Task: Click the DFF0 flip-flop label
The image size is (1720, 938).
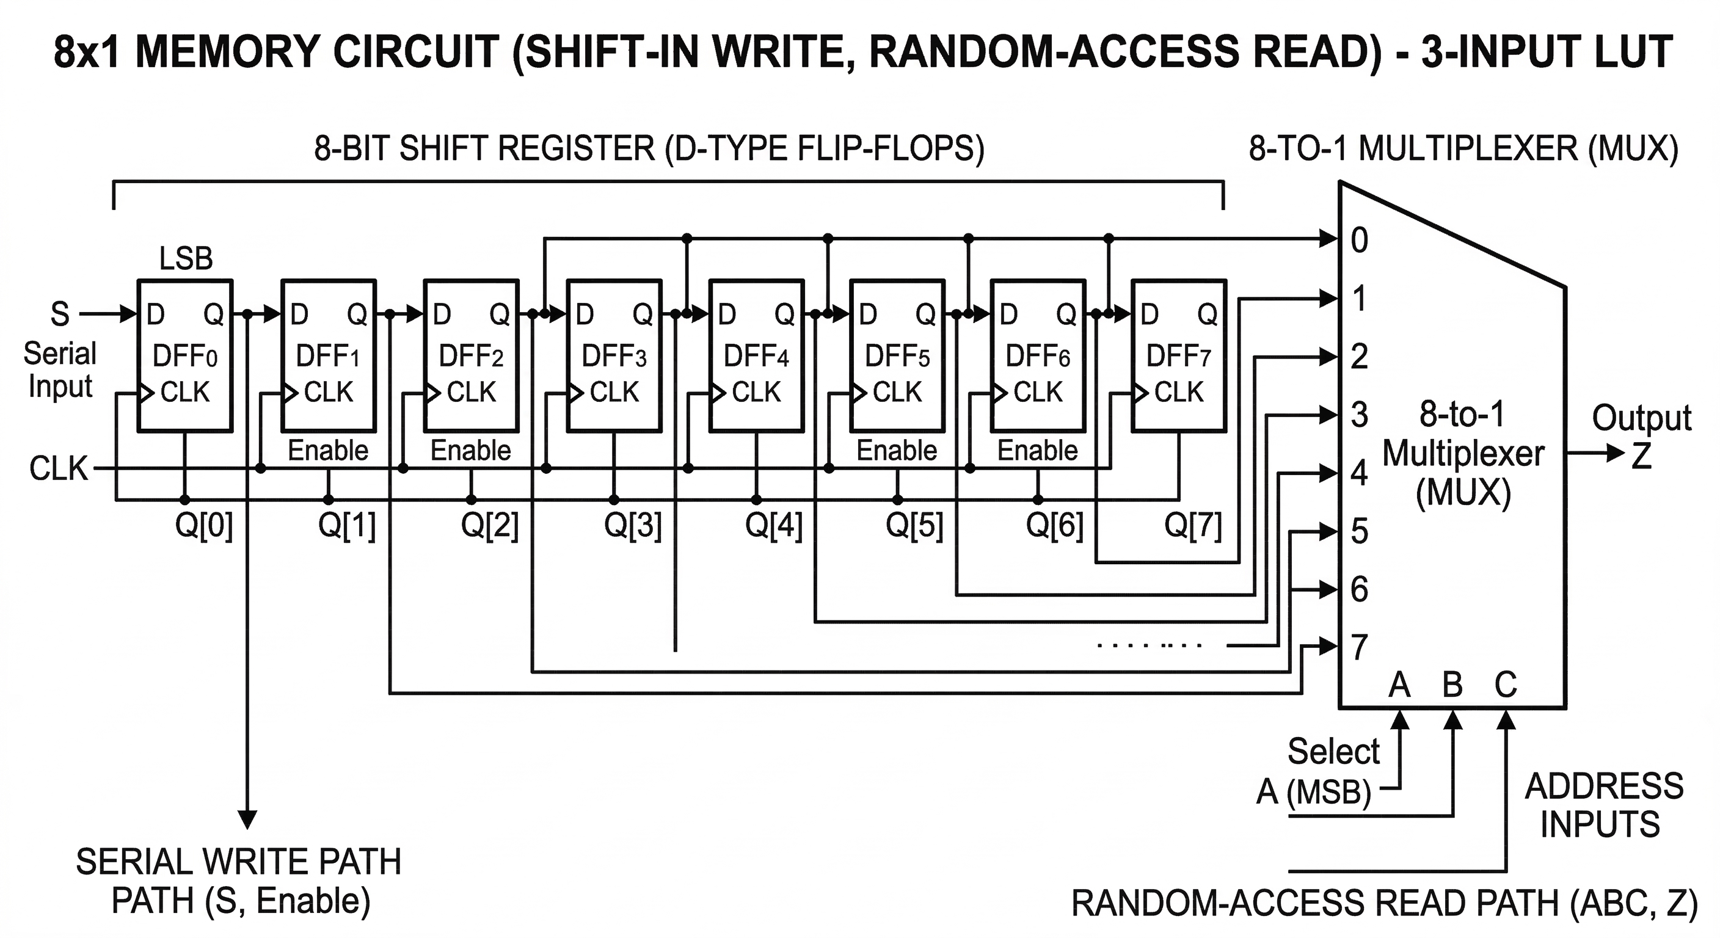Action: (185, 356)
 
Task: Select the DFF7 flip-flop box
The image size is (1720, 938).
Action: (1178, 355)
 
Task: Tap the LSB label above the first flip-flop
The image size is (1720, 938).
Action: (186, 258)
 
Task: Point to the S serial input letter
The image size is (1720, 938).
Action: (60, 314)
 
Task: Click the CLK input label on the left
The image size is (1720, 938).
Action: (58, 468)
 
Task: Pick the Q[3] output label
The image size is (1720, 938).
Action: (632, 525)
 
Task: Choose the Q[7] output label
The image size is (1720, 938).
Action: (1192, 525)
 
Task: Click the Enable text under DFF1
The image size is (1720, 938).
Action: (328, 451)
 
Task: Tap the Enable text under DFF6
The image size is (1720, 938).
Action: (1037, 451)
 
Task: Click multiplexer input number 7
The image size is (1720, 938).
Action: (1360, 647)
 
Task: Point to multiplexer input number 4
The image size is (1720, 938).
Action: (1360, 473)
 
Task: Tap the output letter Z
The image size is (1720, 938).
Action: (1641, 456)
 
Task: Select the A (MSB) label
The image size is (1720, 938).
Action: (1313, 793)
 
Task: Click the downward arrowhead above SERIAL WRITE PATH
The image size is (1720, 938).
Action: (248, 819)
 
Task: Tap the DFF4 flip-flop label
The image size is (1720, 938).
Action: (756, 356)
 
